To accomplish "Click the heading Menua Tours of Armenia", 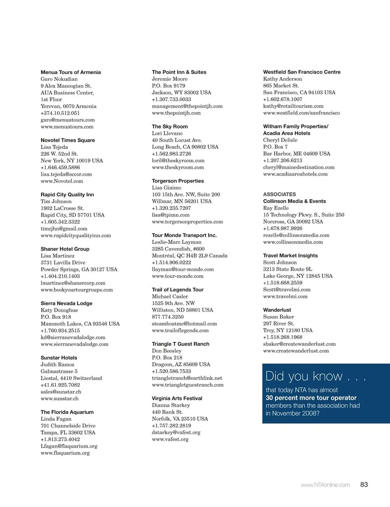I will (x=71, y=72).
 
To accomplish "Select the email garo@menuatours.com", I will (x=67, y=120).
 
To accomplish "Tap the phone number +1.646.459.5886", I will (x=60, y=168).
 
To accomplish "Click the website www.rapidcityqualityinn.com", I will (x=76, y=235).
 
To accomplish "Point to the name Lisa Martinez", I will (x=57, y=256).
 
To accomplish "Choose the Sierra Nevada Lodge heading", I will (x=66, y=303).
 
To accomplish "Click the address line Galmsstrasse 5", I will (x=59, y=371).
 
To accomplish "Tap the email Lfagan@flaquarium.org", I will (x=69, y=446).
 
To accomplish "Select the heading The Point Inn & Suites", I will (x=179, y=72).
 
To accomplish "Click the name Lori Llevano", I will (x=167, y=133).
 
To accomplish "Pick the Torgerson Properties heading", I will (x=178, y=181).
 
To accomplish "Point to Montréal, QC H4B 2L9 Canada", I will (x=189, y=256).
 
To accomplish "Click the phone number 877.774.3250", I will (x=167, y=317).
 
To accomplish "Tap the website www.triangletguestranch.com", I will (x=188, y=385).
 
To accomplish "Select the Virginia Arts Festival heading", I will (x=177, y=398).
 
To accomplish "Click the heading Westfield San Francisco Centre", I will (x=301, y=72).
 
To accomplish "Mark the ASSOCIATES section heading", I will (x=279, y=194).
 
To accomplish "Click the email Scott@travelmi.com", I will (x=286, y=289).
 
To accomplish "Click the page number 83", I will (x=364, y=484).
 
